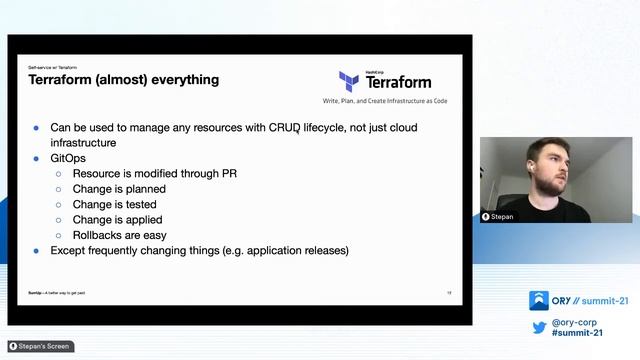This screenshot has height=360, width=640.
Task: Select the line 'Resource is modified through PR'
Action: [x=154, y=173]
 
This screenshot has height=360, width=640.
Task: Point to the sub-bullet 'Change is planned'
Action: [x=119, y=188]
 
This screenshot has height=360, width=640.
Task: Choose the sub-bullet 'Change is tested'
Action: [x=117, y=204]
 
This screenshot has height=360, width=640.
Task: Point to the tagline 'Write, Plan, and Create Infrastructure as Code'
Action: [x=385, y=102]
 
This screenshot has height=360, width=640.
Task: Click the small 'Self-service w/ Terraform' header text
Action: [x=52, y=66]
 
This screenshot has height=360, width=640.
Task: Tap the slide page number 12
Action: [x=449, y=292]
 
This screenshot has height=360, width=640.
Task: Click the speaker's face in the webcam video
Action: [x=547, y=165]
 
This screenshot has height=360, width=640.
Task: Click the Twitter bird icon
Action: [x=538, y=328]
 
